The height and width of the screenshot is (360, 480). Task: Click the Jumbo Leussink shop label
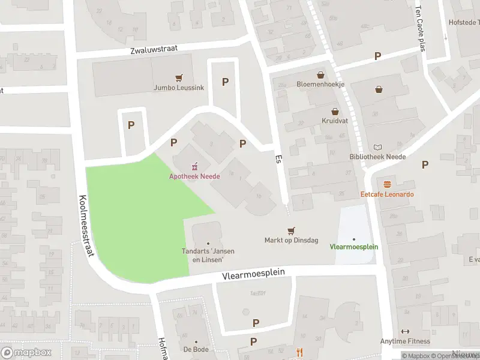point(179,88)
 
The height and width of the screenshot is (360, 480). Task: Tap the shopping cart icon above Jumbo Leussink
point(179,77)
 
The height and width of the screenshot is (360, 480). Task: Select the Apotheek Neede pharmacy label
point(194,176)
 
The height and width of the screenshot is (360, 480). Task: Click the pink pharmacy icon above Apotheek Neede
point(194,166)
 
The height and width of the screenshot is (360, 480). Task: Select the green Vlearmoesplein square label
point(353,247)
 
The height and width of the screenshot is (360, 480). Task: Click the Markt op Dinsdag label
point(291,241)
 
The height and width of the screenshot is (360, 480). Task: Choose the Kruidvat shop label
point(335,121)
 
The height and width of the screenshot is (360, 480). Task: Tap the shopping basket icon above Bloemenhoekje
point(320,75)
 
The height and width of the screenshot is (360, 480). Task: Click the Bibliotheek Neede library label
point(377,157)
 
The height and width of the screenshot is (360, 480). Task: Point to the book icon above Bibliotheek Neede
point(377,147)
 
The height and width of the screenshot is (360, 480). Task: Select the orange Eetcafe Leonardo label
point(387,194)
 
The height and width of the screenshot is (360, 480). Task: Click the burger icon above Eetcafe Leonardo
point(387,184)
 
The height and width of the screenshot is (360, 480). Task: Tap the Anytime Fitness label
point(405,341)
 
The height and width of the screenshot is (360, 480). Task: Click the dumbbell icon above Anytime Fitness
point(405,331)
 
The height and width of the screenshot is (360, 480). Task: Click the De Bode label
point(196,349)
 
